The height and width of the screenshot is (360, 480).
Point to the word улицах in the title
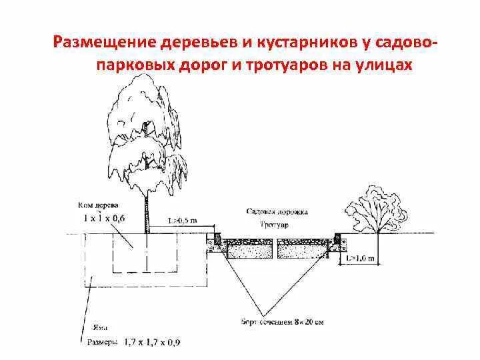point(381,65)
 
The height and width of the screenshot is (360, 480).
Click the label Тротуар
point(275,225)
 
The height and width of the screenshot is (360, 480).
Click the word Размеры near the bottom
point(102,342)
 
